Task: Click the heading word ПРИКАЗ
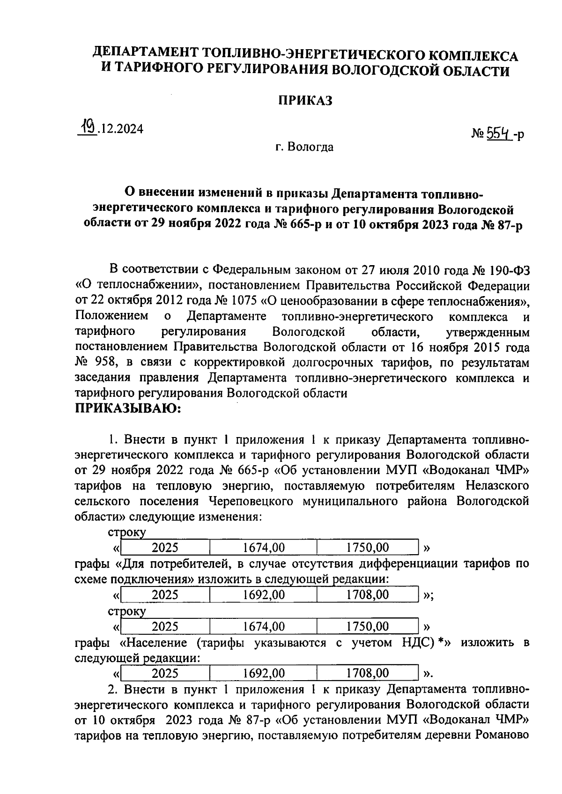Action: (305, 100)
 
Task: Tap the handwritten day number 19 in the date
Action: (87, 126)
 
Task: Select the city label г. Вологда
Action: (304, 147)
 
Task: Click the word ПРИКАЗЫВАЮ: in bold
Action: (128, 408)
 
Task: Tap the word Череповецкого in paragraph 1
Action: (249, 501)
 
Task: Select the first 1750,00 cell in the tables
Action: (367, 547)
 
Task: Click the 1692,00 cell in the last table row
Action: (264, 673)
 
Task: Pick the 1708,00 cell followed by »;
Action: (367, 594)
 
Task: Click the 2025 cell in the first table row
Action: (165, 547)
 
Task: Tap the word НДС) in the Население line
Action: (418, 642)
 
